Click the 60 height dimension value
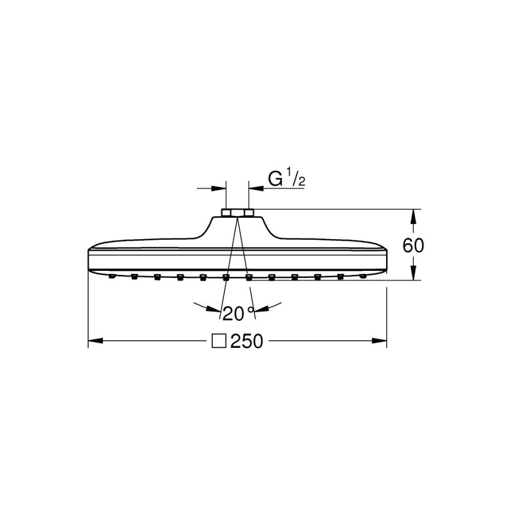click(x=413, y=245)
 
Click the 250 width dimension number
click(x=247, y=341)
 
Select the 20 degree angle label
click(x=233, y=314)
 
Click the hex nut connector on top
click(x=237, y=212)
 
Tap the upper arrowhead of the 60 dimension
click(x=413, y=215)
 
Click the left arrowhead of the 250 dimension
click(x=94, y=341)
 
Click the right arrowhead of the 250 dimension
click(x=381, y=341)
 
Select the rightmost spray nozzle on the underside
click(x=364, y=275)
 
